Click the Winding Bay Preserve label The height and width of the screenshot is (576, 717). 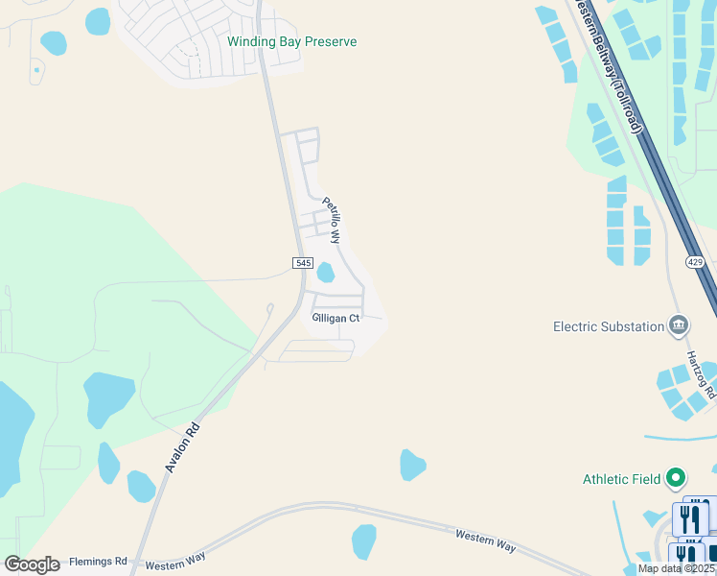point(291,42)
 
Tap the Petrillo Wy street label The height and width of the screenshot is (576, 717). point(332,220)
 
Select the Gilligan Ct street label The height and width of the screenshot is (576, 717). point(335,318)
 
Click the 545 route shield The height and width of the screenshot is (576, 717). point(302,263)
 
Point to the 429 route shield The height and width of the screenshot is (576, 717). point(696,261)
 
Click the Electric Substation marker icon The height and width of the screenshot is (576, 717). point(679,325)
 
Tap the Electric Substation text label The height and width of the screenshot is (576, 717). point(609,326)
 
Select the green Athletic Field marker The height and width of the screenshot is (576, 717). point(676,477)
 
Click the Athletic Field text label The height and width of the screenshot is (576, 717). point(621,479)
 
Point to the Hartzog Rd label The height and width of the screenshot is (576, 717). point(701,374)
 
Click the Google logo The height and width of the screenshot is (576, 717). point(32,564)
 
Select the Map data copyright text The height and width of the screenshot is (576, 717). point(677,568)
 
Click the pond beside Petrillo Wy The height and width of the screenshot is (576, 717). point(325,273)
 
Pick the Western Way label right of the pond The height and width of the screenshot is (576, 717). point(485,540)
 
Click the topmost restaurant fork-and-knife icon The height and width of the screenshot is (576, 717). point(691,519)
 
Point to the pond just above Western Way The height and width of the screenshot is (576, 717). point(364,540)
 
